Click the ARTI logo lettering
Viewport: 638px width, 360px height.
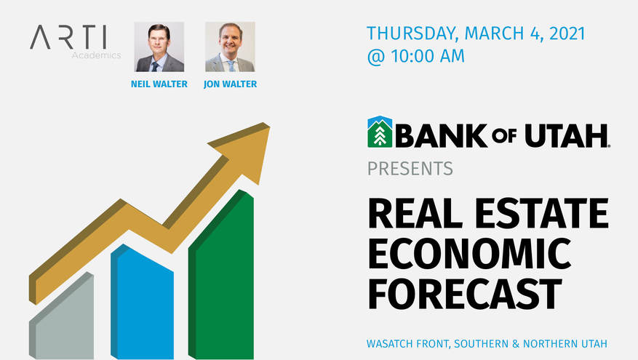coord(68,37)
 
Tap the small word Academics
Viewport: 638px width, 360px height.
coord(96,55)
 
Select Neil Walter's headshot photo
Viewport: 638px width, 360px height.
coord(159,47)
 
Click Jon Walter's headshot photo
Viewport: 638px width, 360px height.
coord(230,47)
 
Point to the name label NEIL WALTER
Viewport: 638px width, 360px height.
coord(159,84)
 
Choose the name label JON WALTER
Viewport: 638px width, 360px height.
coord(231,84)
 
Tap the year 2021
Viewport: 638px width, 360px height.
coord(567,33)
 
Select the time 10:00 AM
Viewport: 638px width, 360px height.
coord(428,56)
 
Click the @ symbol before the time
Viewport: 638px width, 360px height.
coord(375,57)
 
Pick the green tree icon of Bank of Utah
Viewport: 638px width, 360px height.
coord(380,132)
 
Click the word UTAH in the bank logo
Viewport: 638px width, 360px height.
coord(567,136)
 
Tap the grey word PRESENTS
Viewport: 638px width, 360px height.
coord(410,169)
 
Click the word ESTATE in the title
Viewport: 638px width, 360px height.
coord(541,213)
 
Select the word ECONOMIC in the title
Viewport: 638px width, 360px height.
coord(470,253)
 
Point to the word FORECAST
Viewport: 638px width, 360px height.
coord(465,294)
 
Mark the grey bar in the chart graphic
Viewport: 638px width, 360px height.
coord(61,316)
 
